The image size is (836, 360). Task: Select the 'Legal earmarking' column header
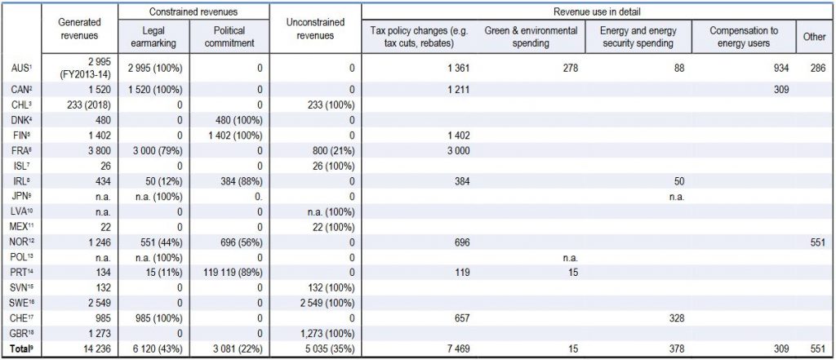tap(153, 36)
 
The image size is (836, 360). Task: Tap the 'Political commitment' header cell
tap(230, 36)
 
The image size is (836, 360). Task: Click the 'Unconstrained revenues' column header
tap(315, 29)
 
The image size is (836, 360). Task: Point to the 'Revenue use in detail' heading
tap(598, 11)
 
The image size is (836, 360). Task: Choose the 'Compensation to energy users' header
tap(743, 36)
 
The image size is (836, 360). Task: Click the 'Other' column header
tap(814, 36)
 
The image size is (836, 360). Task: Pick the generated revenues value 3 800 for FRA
tap(98, 150)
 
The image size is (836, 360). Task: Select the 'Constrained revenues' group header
tap(193, 11)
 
